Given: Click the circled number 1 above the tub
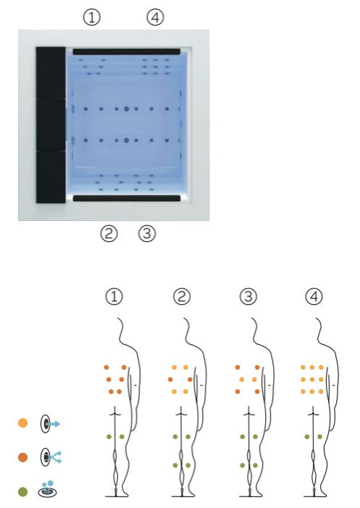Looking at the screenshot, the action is coord(92,17).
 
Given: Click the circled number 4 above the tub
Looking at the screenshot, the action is coord(156,17).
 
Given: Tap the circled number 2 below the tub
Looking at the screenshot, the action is coord(109,233).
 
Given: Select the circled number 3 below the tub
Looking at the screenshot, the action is coord(147,233).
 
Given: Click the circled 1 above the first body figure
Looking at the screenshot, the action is coord(114,297).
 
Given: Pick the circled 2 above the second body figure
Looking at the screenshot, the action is coord(182,297).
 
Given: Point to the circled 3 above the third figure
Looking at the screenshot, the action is coord(248,297).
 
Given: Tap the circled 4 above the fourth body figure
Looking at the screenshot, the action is coord(314,297).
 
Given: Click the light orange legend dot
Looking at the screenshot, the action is coord(23,422).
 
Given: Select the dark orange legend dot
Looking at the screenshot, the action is coord(23,457).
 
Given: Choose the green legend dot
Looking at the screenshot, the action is coord(23,491).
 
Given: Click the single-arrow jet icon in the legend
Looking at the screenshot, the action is coord(50,423).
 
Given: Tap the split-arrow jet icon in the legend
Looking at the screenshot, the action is coord(51,457).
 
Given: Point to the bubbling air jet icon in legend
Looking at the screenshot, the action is coord(48,489).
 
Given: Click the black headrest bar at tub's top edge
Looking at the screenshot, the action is coord(126,51).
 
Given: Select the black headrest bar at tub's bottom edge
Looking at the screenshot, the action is coord(127,199).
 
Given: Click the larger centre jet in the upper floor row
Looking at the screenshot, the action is coord(126,109).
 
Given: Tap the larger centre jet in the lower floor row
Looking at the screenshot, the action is coord(126,141).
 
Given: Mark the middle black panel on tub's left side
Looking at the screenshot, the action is coord(51,125).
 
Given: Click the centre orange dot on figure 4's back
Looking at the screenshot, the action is coord(312,380).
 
